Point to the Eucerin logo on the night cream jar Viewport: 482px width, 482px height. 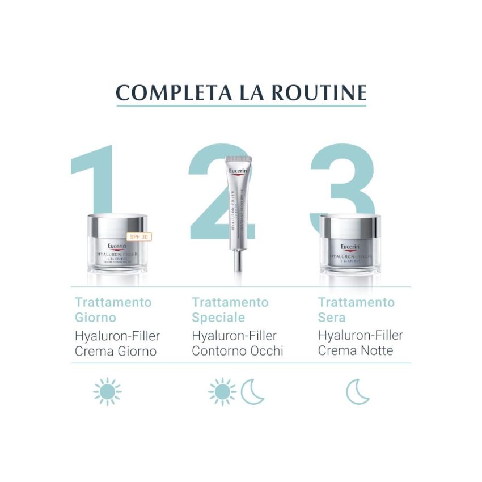[350, 247]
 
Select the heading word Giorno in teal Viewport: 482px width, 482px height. [95, 318]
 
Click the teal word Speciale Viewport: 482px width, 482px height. [218, 318]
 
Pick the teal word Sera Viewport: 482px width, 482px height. [332, 318]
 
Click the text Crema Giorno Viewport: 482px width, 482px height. [116, 351]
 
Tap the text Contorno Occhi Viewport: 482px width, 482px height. [237, 351]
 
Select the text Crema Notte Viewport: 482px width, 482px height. [355, 351]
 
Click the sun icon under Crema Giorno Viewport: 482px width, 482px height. [107, 392]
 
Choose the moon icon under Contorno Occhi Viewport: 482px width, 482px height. [252, 392]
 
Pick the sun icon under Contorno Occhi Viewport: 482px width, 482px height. [222, 392]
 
